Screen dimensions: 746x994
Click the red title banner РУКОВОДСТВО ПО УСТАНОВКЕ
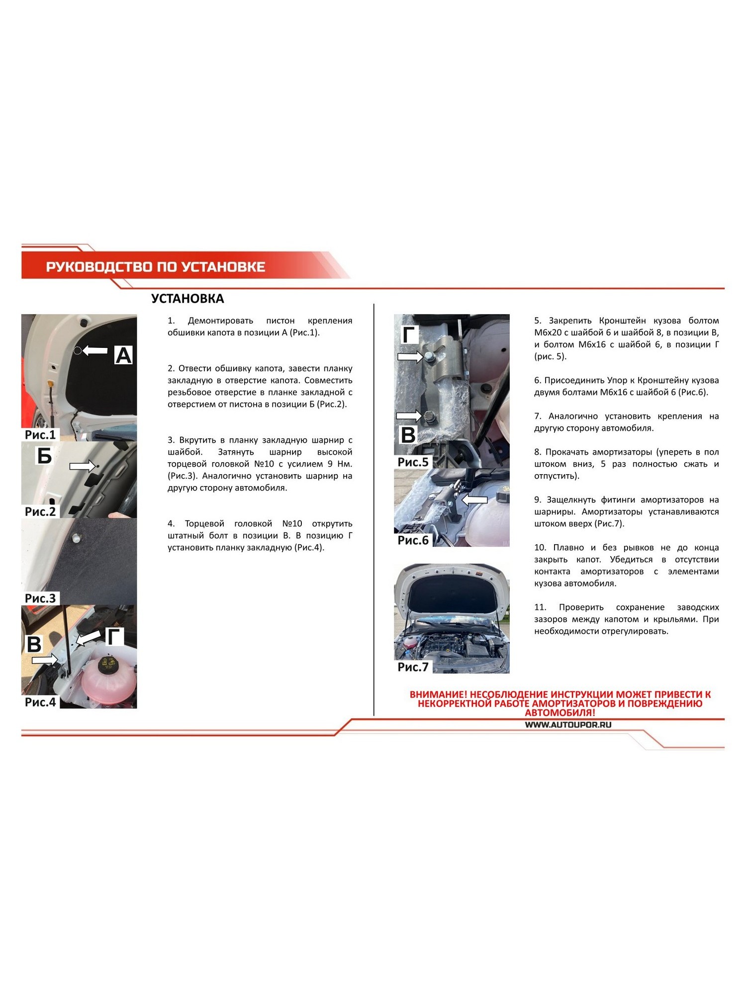156,267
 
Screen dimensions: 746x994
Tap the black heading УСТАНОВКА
187,299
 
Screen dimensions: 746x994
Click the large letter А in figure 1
123,355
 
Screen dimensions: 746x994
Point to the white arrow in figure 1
95,350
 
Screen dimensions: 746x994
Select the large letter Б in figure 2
44,455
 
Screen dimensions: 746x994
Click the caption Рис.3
40,598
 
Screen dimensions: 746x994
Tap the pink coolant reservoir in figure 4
108,678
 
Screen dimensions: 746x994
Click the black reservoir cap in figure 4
109,665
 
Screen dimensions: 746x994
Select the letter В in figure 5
408,435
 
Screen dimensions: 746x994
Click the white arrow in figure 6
474,499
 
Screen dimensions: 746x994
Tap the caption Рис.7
413,667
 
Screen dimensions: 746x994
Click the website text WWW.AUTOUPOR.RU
568,725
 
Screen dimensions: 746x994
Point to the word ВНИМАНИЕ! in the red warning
438,694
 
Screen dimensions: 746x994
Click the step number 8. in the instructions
538,452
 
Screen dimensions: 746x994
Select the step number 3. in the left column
171,440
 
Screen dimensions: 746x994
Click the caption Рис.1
40,435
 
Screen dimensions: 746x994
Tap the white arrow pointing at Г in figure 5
410,356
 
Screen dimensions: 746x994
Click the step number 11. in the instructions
540,607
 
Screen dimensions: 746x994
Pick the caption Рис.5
413,462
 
